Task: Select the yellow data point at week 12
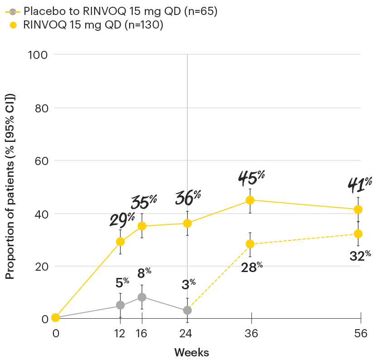120,242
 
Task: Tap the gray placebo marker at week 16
142,297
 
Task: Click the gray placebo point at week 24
187,311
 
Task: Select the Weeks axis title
192,352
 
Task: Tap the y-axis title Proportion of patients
10,186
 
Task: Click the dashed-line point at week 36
250,244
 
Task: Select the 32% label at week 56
361,256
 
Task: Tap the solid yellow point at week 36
250,200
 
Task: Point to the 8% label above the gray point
145,273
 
